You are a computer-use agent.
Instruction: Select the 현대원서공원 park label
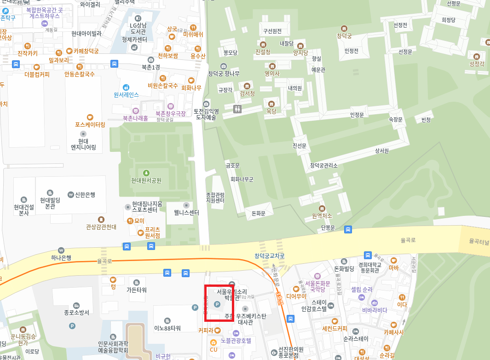point(146,180)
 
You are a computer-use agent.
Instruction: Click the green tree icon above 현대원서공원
point(146,173)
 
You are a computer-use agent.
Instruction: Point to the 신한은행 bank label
point(85,194)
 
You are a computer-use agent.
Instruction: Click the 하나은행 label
point(61,257)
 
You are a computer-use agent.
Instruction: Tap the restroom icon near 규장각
point(237,109)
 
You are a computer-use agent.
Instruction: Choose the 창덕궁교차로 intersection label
point(270,256)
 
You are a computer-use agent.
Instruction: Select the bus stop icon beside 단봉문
point(348,229)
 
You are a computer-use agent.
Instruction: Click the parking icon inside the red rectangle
point(218,305)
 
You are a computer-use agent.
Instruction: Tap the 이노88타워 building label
point(167,328)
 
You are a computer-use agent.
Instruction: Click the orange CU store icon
point(213,343)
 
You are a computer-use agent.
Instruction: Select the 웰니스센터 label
point(186,213)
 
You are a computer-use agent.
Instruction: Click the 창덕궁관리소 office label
point(324,165)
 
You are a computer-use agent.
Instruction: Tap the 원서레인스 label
point(126,94)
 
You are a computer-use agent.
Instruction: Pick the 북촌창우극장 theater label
point(170,113)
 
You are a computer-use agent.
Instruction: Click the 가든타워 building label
point(137,290)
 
